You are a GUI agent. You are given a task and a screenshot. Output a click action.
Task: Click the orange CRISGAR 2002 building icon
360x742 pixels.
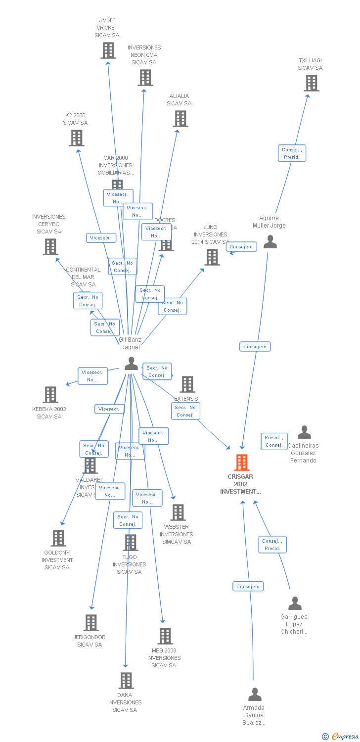(x=241, y=463)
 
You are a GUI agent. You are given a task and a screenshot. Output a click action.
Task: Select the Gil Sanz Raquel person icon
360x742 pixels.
(x=131, y=364)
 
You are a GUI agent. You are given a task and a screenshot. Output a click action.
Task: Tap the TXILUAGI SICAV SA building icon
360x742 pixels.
(x=311, y=83)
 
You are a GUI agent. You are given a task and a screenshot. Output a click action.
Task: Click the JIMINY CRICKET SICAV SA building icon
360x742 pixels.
(x=108, y=50)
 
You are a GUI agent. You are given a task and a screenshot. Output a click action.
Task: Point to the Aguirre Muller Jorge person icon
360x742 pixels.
(x=270, y=242)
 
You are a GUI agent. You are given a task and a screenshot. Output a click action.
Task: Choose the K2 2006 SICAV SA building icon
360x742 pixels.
(x=76, y=138)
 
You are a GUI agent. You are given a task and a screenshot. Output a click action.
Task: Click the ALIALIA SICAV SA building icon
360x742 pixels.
(x=180, y=119)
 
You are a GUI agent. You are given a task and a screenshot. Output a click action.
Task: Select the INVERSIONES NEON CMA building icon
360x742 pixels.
(x=145, y=78)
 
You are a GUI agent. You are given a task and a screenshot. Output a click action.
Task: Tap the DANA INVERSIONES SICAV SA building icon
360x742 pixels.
(x=126, y=681)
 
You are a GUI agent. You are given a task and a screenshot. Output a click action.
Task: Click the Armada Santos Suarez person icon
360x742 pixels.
(x=255, y=695)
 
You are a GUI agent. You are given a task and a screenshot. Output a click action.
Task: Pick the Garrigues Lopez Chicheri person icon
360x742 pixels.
(x=295, y=603)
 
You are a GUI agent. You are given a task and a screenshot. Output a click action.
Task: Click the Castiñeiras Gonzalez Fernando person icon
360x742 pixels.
(x=304, y=432)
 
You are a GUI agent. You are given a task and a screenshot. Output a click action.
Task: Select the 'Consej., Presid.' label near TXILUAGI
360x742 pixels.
(x=292, y=153)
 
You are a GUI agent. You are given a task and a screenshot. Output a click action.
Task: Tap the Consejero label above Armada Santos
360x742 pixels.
(x=248, y=587)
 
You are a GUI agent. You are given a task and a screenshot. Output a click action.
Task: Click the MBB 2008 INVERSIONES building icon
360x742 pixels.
(x=165, y=636)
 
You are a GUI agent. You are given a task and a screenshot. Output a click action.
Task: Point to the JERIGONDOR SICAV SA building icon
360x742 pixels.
(x=91, y=623)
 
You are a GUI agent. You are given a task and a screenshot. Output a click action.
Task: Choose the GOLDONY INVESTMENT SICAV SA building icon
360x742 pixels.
(x=58, y=538)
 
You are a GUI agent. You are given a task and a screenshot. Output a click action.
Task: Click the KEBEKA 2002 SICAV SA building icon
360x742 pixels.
(x=50, y=395)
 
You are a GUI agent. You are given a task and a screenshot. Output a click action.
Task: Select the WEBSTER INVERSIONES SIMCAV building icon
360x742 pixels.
(x=178, y=512)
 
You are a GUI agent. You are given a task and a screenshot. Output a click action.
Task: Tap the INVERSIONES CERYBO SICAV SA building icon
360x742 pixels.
(x=50, y=247)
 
